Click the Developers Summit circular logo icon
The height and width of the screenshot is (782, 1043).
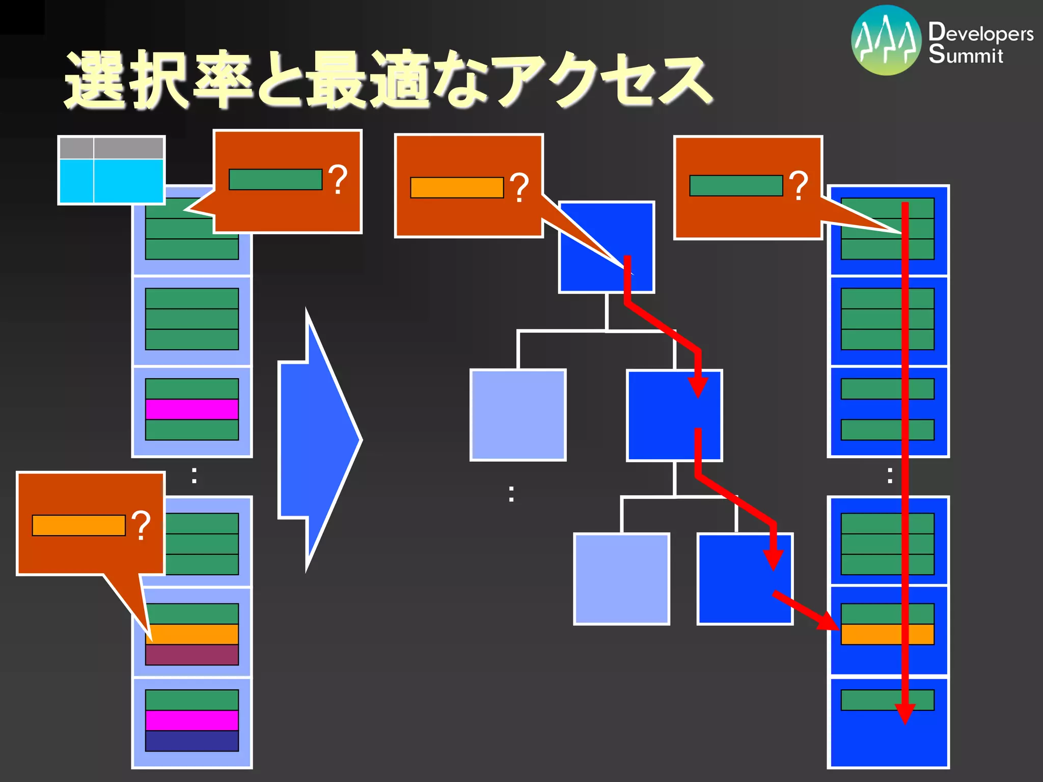(886, 41)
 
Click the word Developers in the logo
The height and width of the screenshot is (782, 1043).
(980, 33)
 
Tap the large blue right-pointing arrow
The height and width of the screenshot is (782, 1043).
(318, 440)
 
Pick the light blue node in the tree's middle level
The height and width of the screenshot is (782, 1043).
(518, 415)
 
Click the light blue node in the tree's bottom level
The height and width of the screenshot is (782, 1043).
(621, 579)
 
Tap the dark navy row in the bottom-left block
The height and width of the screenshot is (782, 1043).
(192, 741)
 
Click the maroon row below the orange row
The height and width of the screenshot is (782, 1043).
(192, 655)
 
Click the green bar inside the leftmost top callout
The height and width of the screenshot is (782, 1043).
(276, 180)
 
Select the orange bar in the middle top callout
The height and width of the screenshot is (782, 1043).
(457, 187)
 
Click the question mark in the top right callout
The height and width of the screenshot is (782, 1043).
(798, 185)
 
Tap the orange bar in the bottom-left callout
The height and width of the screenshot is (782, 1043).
(78, 525)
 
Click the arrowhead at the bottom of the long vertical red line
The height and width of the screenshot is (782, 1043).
(905, 713)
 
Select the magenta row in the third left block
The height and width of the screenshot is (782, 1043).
(192, 409)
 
